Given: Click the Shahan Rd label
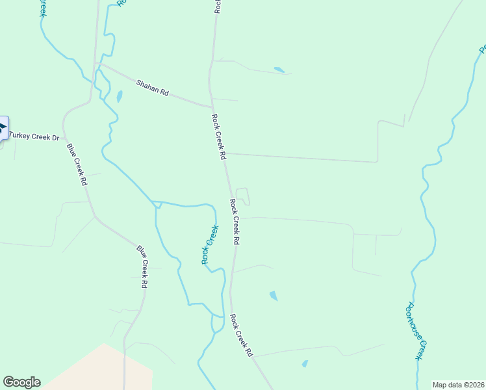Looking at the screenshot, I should (152, 88).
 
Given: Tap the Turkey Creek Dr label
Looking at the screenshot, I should (34, 137).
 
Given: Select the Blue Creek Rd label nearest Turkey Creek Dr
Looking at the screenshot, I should (77, 165).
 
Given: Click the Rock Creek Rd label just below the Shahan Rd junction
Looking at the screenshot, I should (218, 137).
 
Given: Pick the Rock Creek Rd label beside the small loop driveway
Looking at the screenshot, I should (235, 222).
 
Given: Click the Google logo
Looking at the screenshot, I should (21, 382).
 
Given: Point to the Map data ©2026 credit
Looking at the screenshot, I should (458, 385).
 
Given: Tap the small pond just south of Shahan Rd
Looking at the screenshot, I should (119, 97).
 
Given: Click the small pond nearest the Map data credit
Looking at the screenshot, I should (304, 364).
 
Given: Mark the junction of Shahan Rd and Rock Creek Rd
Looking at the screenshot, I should (212, 107).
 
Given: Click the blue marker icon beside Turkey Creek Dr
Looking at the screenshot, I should (3, 127).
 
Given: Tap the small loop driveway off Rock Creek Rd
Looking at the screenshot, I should (242, 196).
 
